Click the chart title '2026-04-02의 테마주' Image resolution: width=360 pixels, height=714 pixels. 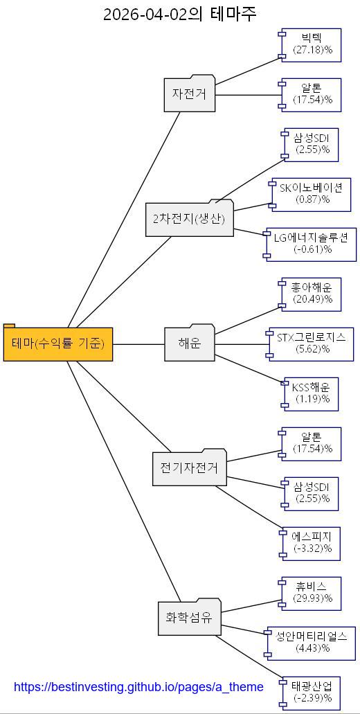179,14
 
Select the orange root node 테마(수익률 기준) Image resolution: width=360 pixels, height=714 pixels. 58,343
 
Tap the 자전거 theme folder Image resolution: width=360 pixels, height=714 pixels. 190,93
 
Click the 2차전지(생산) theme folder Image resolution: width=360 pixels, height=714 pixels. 190,220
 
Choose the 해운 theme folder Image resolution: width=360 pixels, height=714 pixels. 190,343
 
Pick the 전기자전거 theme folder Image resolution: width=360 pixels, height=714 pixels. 189,468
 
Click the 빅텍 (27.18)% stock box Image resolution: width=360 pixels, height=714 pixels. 312,44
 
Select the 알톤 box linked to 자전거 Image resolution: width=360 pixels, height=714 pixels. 312,94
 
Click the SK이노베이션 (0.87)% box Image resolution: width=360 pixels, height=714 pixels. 311,194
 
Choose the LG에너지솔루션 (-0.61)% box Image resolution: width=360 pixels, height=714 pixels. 312,244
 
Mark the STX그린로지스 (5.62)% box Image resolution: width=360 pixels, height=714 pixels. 312,343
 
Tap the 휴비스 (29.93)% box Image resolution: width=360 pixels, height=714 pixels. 312,593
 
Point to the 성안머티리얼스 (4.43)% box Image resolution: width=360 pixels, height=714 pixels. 312,643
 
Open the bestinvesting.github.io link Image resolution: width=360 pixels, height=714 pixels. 138,687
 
